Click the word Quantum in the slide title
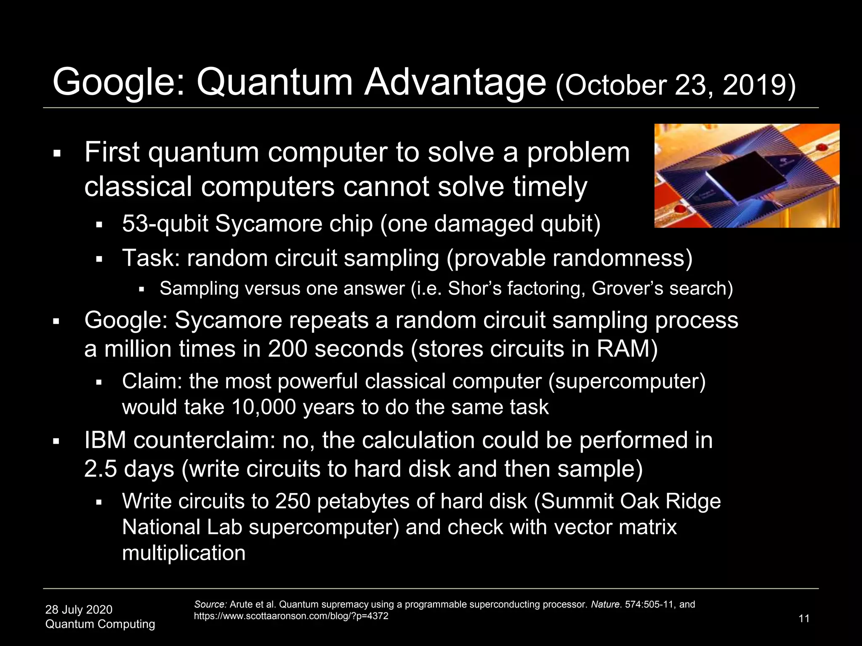coord(274,82)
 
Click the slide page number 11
coord(804,619)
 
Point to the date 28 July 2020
coord(79,609)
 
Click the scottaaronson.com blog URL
coord(291,616)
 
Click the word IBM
coord(105,440)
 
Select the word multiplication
coord(184,553)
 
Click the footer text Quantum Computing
coord(100,624)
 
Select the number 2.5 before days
coord(101,469)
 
